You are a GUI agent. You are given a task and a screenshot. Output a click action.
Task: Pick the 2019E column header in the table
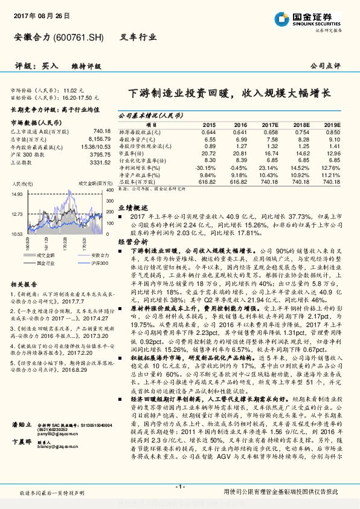[x=332, y=124]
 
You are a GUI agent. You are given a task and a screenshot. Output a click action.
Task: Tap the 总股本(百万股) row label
[x=139, y=181]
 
